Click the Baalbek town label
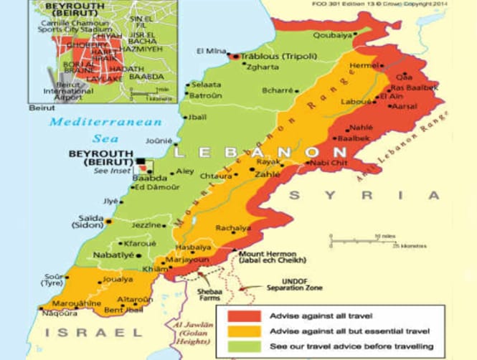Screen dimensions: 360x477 354,137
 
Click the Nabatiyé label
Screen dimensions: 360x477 97,255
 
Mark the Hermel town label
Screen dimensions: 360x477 363,65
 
